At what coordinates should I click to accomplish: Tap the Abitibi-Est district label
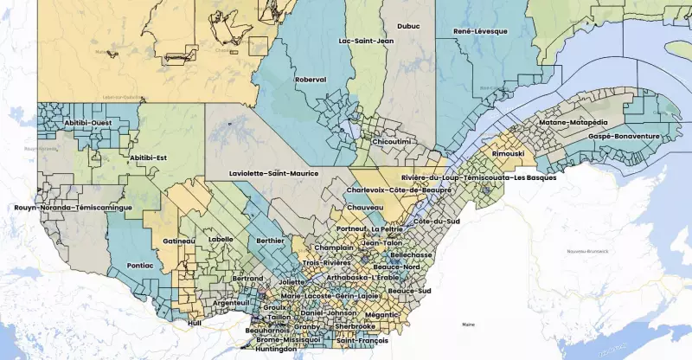click(147, 157)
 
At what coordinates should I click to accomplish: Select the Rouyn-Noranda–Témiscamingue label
click(73, 208)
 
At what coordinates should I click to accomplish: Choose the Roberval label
click(311, 80)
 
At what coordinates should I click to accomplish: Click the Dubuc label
click(408, 26)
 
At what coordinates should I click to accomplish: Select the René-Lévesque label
click(480, 31)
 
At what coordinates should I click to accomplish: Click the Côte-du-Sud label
click(435, 222)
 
